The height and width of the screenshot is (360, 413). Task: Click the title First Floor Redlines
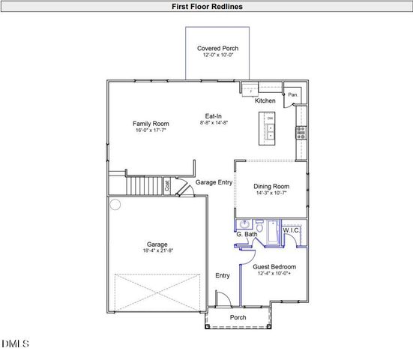(206, 6)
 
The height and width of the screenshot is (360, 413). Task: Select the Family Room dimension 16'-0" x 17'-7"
(151, 130)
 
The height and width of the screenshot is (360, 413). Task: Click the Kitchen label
(265, 100)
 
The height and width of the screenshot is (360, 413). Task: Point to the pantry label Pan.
(293, 95)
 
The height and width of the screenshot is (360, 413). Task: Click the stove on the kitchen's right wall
(301, 132)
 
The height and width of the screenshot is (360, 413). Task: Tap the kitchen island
(268, 128)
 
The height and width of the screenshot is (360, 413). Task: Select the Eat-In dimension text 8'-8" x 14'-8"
(214, 123)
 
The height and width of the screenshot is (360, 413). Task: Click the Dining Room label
(271, 186)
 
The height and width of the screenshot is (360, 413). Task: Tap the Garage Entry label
(214, 182)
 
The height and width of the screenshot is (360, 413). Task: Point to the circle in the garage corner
(115, 204)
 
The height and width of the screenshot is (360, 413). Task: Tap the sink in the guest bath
(244, 225)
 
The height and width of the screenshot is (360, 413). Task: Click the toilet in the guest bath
(259, 226)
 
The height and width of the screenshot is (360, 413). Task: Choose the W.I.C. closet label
(292, 229)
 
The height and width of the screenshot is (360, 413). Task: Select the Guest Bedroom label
(274, 267)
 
